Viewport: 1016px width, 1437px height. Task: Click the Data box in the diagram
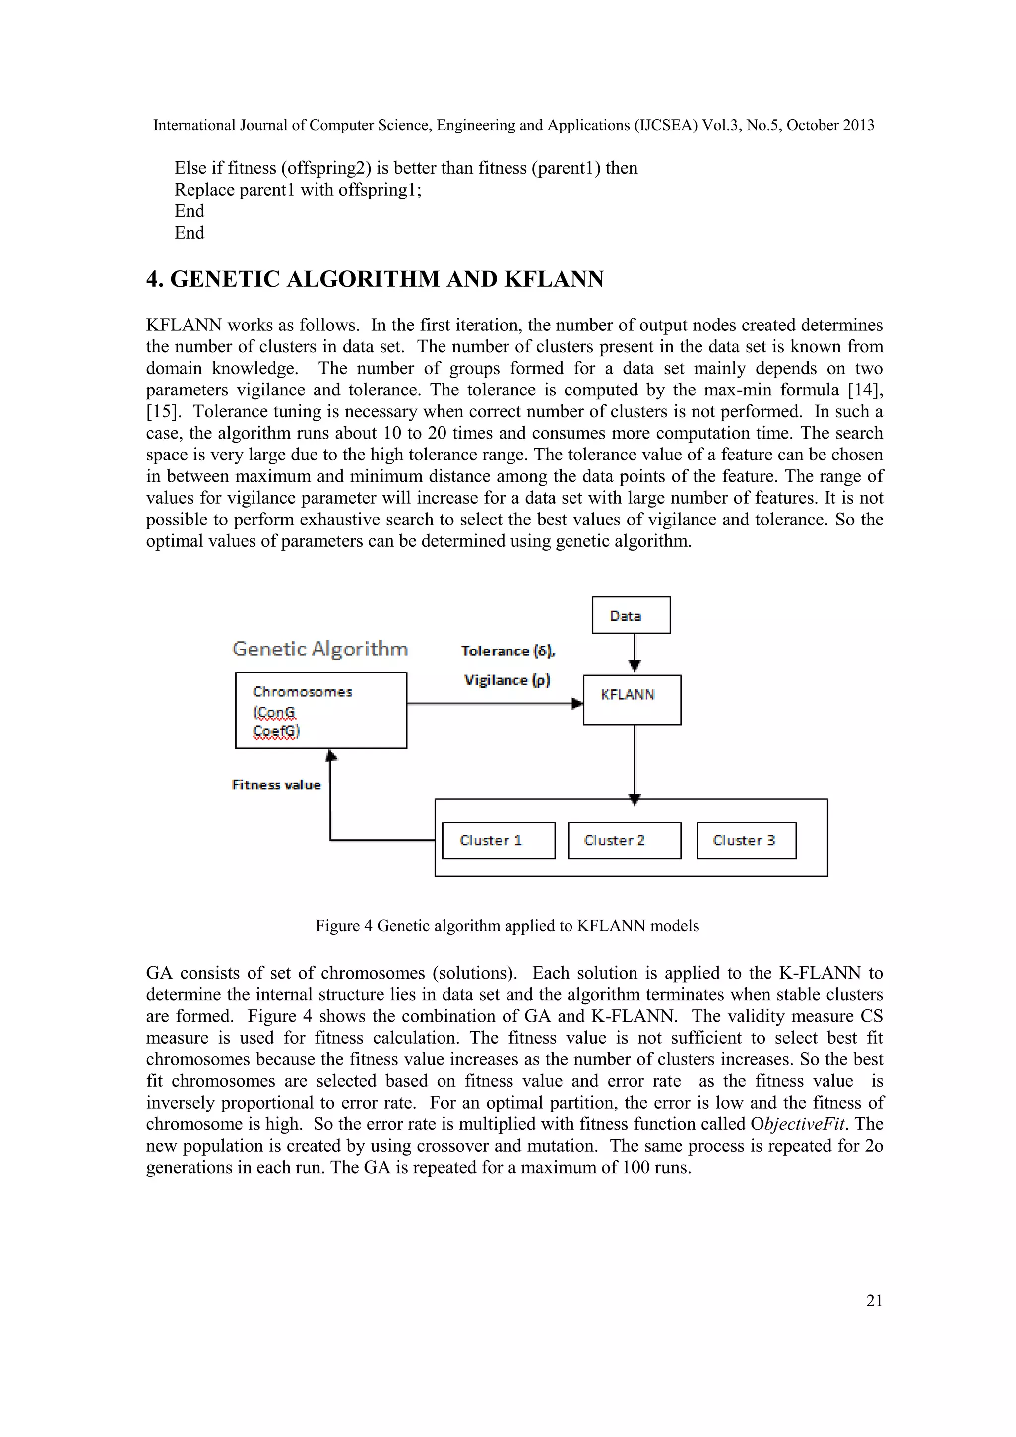coord(631,615)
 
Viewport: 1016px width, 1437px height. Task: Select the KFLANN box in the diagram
coord(632,700)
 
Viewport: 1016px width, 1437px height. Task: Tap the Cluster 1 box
coord(498,840)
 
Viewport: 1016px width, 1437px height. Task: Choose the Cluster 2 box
coord(624,840)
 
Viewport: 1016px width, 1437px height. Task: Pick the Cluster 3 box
coord(746,840)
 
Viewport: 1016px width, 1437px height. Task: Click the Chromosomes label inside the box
coord(302,692)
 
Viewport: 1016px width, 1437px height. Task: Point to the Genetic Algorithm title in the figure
coord(319,649)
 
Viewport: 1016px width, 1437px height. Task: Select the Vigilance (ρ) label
coord(507,680)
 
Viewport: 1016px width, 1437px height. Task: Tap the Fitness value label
coord(276,785)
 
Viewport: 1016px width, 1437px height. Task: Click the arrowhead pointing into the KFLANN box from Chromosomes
coord(577,704)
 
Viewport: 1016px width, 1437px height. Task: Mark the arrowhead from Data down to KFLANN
coord(635,666)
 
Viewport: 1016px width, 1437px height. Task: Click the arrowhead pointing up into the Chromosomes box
coord(331,755)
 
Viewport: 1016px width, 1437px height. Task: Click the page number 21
coord(874,1301)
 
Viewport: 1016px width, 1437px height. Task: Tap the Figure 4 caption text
coord(507,925)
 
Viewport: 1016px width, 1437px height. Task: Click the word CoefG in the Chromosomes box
coord(276,731)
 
